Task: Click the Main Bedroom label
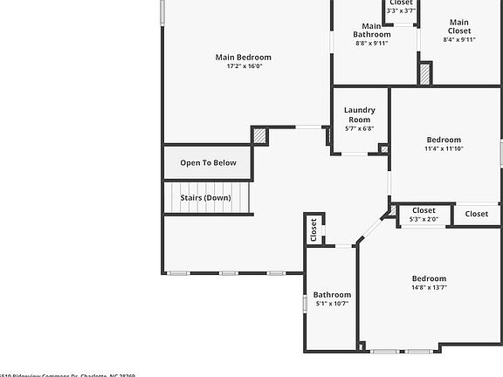(244, 57)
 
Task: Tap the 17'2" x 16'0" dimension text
(244, 66)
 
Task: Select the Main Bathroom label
(372, 31)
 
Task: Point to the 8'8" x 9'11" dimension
(372, 43)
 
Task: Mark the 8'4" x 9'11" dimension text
(459, 39)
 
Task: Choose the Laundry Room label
(360, 114)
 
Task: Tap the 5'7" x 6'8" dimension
(360, 129)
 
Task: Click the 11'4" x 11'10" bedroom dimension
(444, 149)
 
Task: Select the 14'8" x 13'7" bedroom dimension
(429, 288)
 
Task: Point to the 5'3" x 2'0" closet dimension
(424, 219)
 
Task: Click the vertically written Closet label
(314, 230)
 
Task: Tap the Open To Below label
(208, 163)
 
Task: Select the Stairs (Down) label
(206, 198)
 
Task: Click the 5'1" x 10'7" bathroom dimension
(332, 304)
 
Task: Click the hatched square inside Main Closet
(425, 73)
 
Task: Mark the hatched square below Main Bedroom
(260, 136)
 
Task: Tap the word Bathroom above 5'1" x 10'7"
(332, 295)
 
